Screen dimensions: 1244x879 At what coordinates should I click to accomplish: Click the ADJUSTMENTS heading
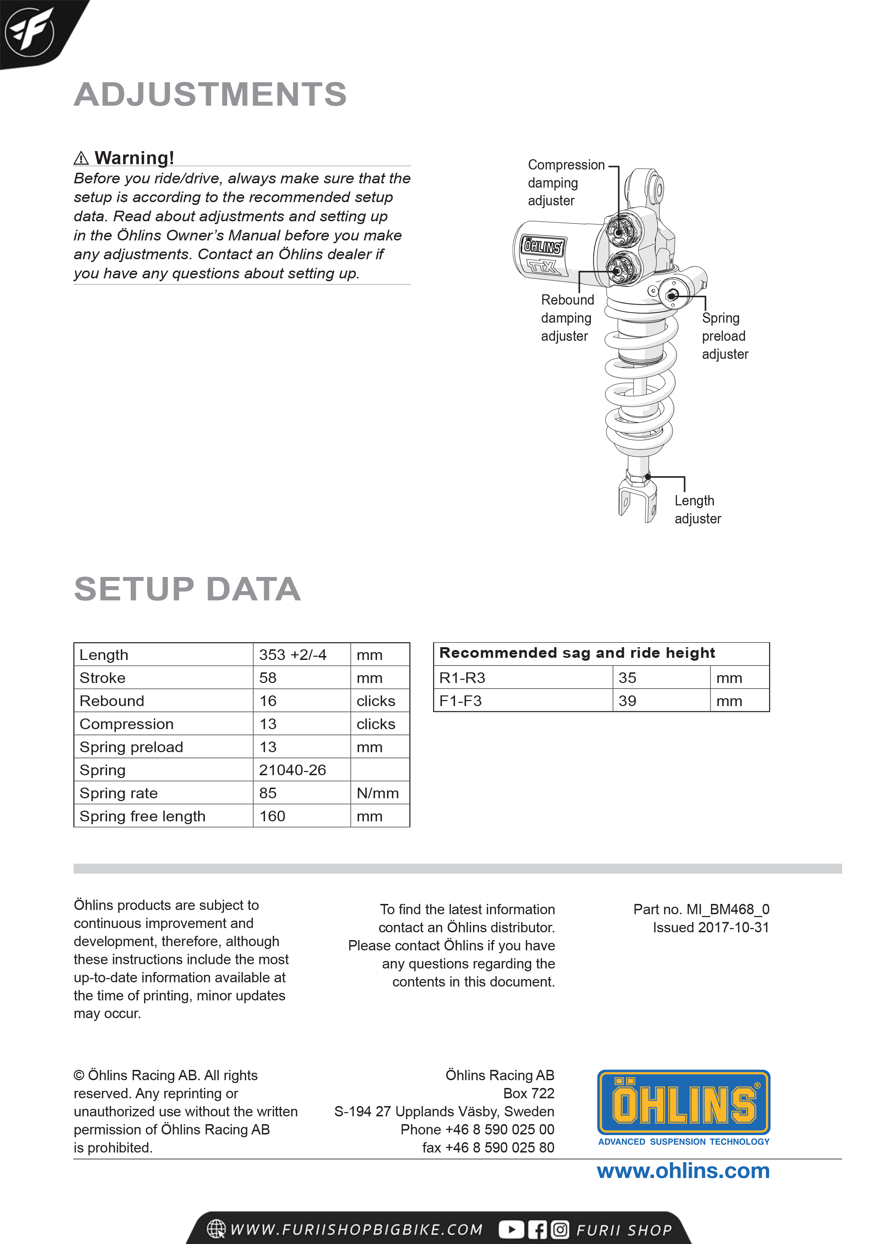pyautogui.click(x=210, y=94)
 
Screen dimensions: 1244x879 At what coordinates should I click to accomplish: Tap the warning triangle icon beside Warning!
pyautogui.click(x=81, y=158)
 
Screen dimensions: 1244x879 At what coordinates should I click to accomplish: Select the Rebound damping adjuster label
pyautogui.click(x=567, y=318)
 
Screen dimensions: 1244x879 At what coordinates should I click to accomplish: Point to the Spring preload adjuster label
pyautogui.click(x=725, y=336)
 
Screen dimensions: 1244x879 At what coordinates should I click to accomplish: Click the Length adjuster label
pyautogui.click(x=697, y=509)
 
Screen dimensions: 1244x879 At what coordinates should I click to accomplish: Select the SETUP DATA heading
pyautogui.click(x=187, y=589)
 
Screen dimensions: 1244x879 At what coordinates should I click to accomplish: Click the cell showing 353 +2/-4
pyautogui.click(x=293, y=655)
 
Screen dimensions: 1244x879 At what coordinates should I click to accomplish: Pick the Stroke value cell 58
pyautogui.click(x=268, y=678)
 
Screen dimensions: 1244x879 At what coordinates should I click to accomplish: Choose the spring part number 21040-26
pyautogui.click(x=292, y=770)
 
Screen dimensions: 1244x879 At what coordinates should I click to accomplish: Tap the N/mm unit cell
pyautogui.click(x=377, y=793)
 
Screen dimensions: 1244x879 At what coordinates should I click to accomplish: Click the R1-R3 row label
pyautogui.click(x=462, y=678)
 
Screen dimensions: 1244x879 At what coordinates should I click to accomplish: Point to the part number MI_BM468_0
pyautogui.click(x=701, y=909)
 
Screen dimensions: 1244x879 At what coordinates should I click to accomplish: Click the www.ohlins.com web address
pyautogui.click(x=683, y=1171)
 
